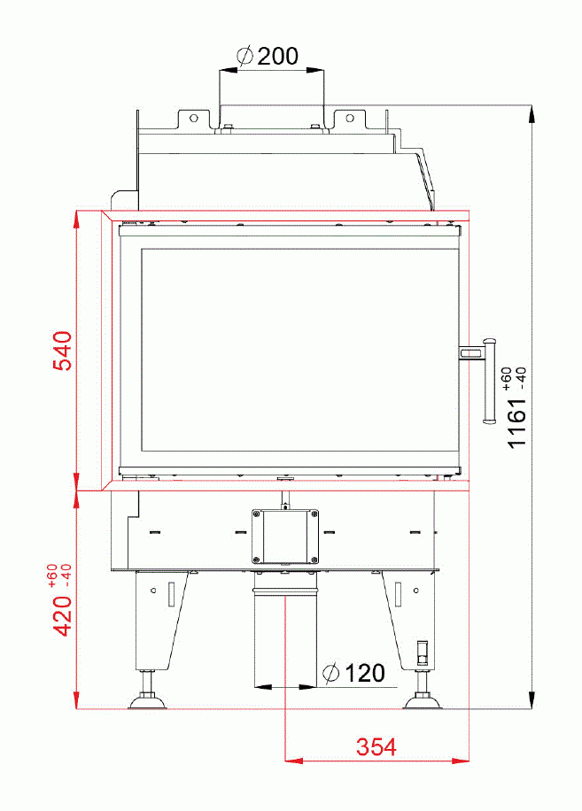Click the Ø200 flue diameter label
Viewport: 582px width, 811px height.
[268, 57]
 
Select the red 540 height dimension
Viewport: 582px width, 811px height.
[61, 352]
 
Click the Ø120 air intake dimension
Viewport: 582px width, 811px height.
[354, 674]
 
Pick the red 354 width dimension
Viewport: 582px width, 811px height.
[376, 746]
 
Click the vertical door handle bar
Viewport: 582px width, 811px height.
[487, 381]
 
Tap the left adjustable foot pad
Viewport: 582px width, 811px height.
[148, 703]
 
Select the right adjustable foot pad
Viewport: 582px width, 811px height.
[423, 703]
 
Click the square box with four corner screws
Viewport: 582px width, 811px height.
[284, 537]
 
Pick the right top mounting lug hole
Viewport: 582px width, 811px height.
[350, 117]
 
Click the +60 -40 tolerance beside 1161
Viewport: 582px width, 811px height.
[513, 378]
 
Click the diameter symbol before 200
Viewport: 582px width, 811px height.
[246, 57]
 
